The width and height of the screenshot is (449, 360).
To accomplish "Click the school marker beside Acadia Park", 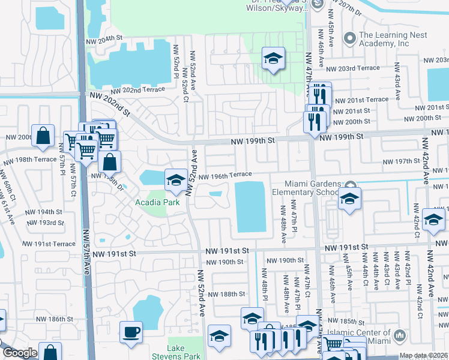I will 175,179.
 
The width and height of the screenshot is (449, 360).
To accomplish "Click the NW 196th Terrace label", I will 225,176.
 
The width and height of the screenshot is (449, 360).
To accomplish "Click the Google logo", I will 20,353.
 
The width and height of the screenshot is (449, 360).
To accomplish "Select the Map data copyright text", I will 424,356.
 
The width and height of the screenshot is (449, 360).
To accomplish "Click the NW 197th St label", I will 403,161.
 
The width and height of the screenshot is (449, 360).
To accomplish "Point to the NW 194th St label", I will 43,212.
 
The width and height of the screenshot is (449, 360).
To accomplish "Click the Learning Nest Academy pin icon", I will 350,38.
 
